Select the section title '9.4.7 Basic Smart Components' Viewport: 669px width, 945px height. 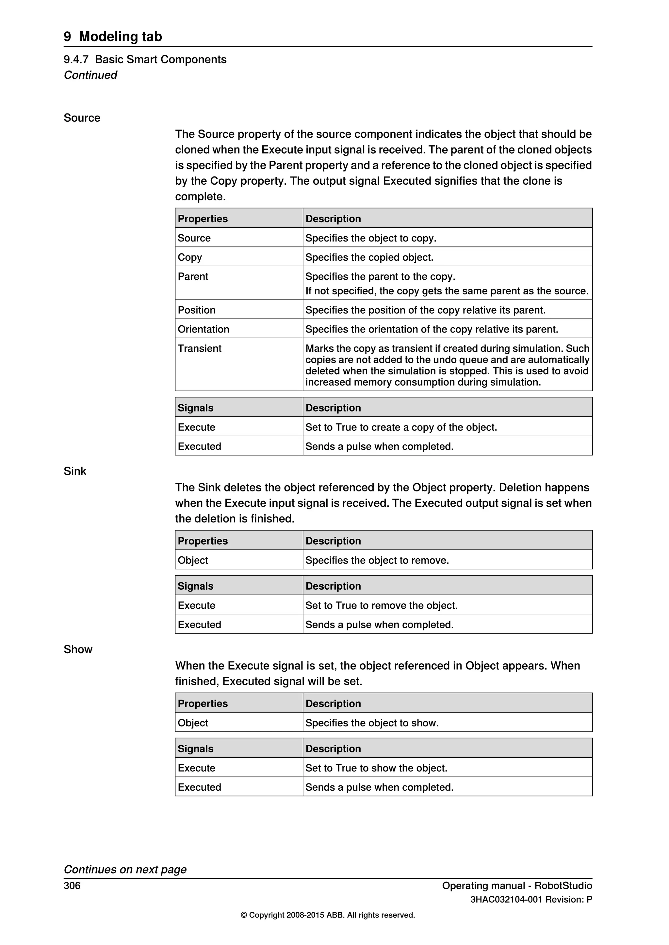click(145, 60)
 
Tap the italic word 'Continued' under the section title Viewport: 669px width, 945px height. click(90, 75)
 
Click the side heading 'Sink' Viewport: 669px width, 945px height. click(75, 471)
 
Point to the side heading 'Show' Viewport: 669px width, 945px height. click(78, 649)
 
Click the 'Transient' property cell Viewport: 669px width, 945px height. click(199, 349)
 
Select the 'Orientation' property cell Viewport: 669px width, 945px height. click(203, 329)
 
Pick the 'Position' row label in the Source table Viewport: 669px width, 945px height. click(197, 310)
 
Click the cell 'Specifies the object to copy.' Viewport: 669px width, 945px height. click(371, 238)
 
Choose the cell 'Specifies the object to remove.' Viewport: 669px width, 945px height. click(377, 560)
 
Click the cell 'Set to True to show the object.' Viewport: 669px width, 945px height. click(376, 768)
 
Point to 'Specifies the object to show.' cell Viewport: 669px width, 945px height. click(372, 723)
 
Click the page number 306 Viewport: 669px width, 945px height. click(72, 886)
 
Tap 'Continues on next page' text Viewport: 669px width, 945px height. click(125, 869)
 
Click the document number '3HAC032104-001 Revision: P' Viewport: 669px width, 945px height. click(531, 900)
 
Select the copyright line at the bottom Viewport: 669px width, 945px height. click(328, 915)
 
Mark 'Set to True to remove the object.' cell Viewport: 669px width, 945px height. click(382, 605)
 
